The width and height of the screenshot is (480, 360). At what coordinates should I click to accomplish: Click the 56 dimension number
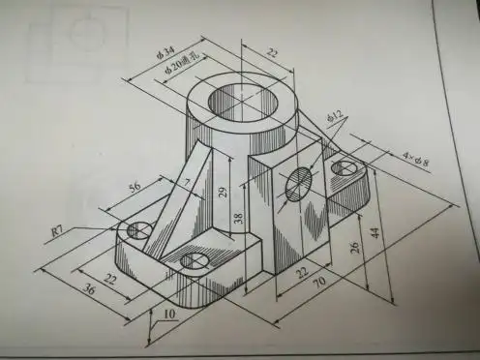click(135, 185)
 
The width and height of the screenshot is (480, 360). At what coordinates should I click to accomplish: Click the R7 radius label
click(59, 230)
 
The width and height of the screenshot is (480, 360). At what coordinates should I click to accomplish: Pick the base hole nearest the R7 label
click(136, 228)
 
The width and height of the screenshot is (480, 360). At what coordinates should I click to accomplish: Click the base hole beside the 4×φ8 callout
click(344, 168)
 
